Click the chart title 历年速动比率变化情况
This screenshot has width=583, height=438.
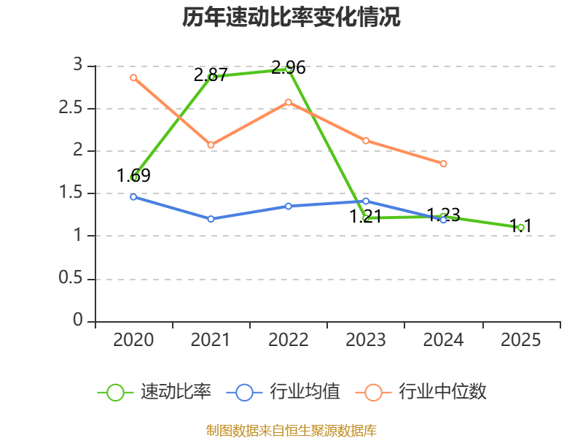tap(291, 18)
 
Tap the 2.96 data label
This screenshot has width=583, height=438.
tap(288, 68)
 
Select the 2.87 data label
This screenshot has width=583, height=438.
tap(211, 74)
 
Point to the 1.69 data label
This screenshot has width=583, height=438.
tap(133, 175)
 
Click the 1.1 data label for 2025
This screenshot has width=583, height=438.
tap(520, 226)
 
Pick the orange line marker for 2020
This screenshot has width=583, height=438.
tap(133, 77)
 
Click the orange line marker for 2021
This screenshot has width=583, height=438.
tap(211, 145)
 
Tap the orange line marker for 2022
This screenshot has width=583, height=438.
tap(288, 102)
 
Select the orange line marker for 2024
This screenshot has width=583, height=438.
tap(443, 164)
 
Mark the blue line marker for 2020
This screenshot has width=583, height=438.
tap(133, 197)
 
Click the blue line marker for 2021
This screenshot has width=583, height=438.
tap(211, 219)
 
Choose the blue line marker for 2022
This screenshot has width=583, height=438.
tap(288, 206)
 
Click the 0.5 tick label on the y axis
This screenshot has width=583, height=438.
tap(72, 279)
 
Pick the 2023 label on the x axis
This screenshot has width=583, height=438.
tap(366, 340)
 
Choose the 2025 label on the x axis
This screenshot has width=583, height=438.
tap(520, 340)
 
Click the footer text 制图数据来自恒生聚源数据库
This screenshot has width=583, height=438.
tap(291, 431)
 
